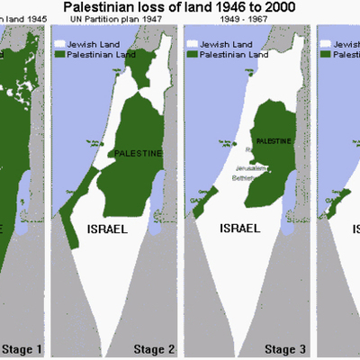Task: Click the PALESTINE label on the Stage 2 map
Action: (x=139, y=153)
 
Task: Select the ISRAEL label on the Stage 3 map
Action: (x=239, y=229)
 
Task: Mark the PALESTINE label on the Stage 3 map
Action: (x=271, y=141)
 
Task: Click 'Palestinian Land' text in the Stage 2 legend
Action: (x=105, y=53)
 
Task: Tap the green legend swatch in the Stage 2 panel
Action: (x=62, y=53)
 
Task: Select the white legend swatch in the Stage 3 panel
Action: (x=193, y=42)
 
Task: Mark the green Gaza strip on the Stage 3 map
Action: (x=196, y=210)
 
